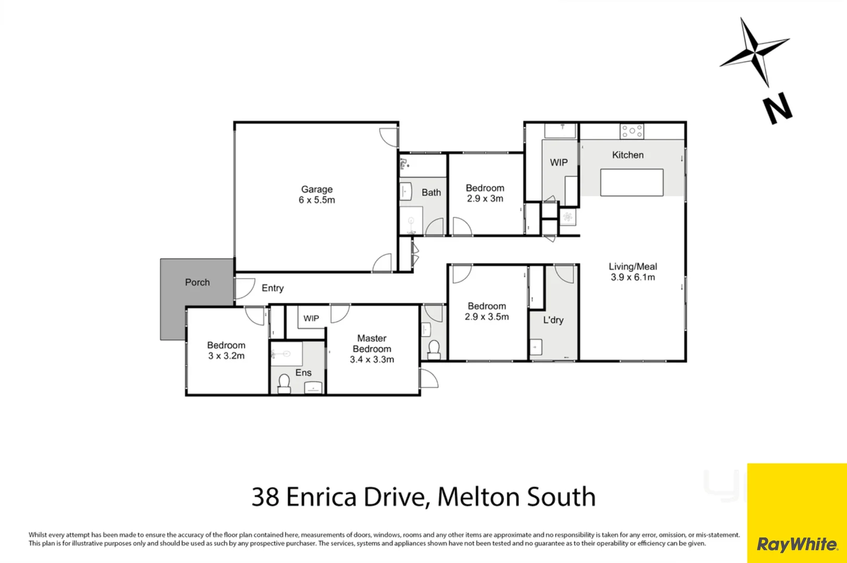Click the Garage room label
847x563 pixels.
point(317,190)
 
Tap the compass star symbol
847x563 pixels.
point(755,51)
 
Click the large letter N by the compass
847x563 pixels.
point(778,109)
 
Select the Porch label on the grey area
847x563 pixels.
point(197,283)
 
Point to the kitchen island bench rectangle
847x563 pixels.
point(632,182)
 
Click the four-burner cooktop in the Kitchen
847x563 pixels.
point(632,131)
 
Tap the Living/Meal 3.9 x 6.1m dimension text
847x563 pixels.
point(633,277)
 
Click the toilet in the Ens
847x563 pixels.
point(284,383)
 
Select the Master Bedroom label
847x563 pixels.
point(371,344)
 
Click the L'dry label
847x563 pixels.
point(553,320)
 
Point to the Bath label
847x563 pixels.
point(431,192)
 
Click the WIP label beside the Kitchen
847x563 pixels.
point(559,163)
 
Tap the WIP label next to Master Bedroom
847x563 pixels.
point(311,319)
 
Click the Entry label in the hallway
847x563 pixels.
point(272,288)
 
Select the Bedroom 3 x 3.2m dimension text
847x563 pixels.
point(226,356)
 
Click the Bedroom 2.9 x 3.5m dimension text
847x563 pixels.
point(487,317)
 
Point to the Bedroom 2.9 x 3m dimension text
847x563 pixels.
point(485,199)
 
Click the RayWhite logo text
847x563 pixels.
point(796,544)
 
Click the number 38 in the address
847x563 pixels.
point(265,497)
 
